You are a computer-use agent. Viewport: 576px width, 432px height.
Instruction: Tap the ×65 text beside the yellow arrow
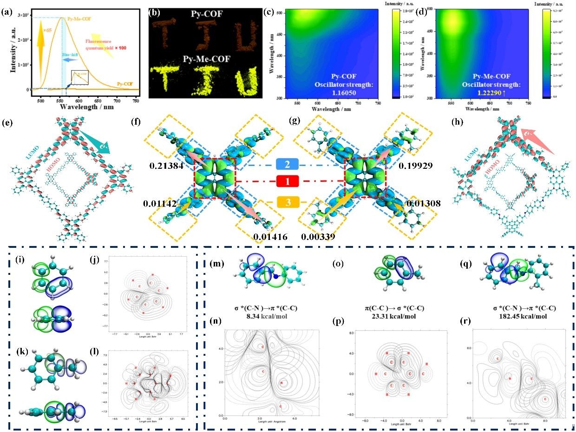[48, 30]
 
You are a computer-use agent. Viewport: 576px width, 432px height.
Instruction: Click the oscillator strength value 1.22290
[495, 93]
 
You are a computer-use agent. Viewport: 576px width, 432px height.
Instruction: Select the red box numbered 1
[288, 181]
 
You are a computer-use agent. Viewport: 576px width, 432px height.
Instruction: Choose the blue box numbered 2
[288, 165]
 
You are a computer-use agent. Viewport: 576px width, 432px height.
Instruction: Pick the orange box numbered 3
[288, 202]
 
